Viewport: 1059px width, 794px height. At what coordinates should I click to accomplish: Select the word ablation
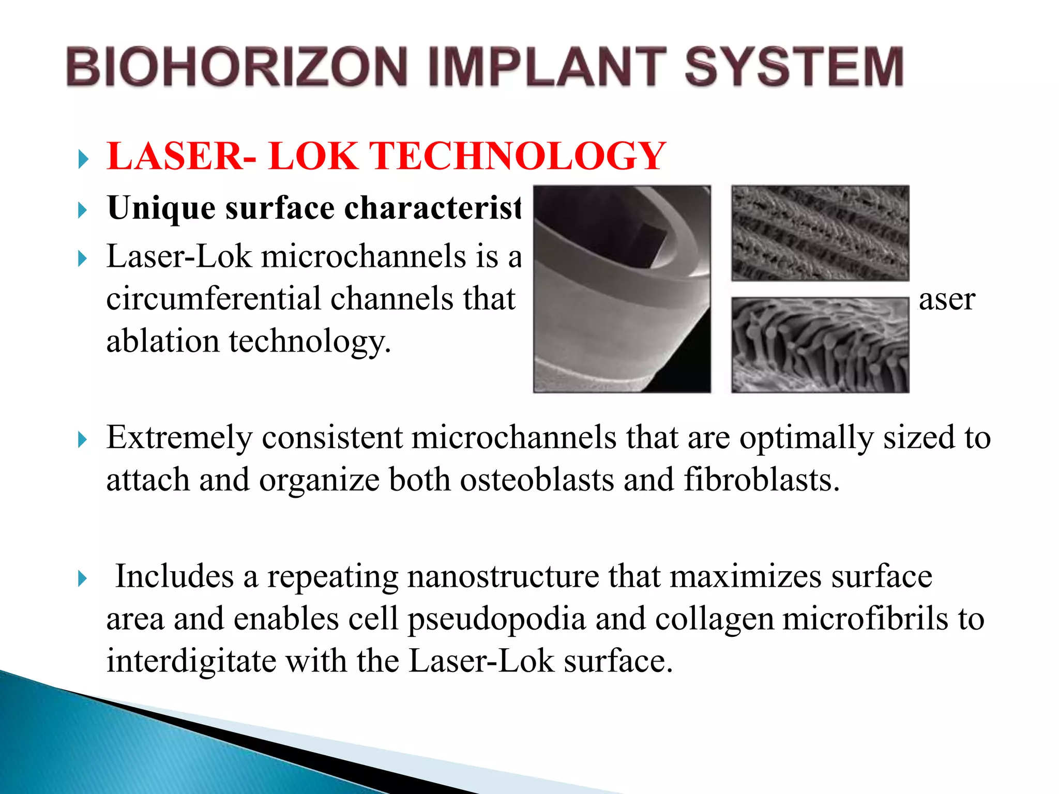(x=162, y=341)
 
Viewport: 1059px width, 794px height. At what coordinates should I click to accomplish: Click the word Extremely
(x=179, y=437)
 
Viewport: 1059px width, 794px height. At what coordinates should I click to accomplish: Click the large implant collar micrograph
(x=622, y=289)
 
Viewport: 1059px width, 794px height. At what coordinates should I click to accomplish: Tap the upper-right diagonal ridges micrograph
(x=820, y=233)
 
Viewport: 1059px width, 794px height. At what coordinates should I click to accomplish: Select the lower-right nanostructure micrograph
(x=820, y=345)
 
